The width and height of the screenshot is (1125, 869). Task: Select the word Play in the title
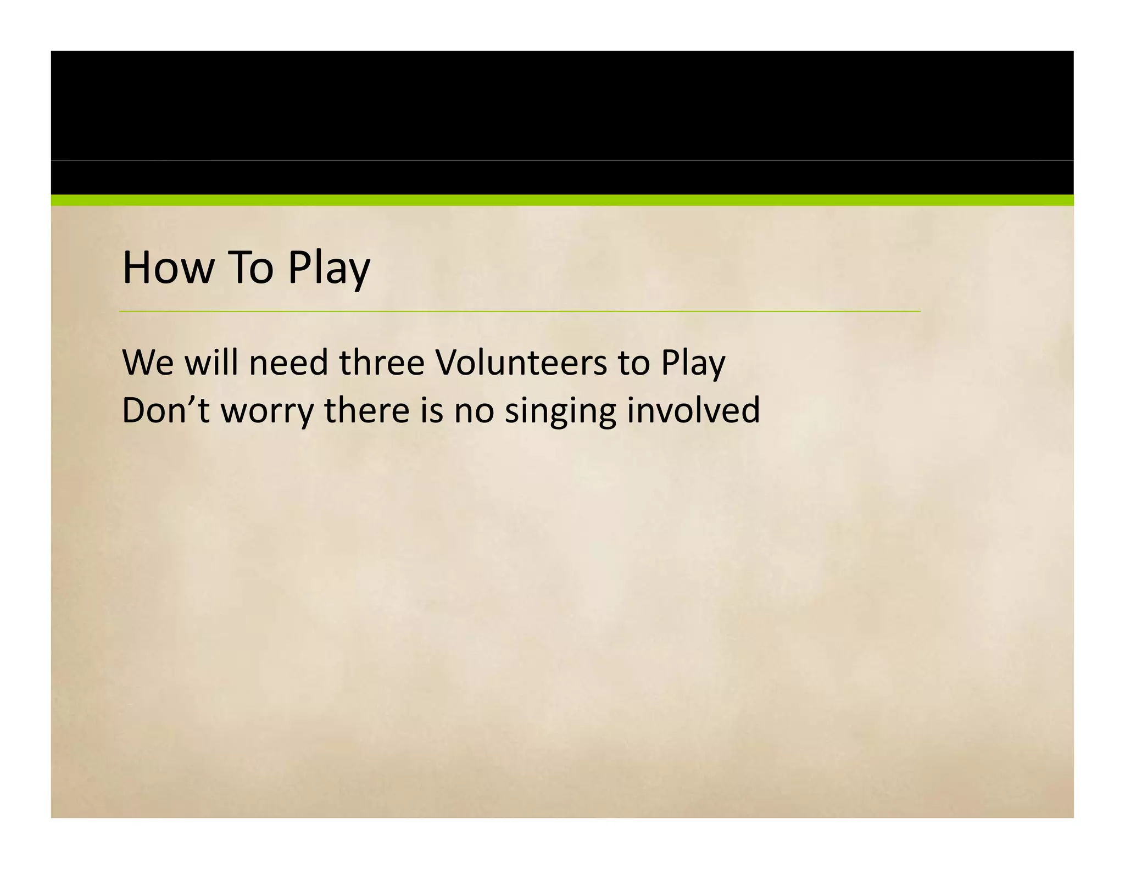[x=328, y=269]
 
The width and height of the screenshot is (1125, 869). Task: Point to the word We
[x=148, y=363]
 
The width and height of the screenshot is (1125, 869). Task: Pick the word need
[x=288, y=363]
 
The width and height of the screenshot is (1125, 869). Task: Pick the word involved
[x=693, y=410]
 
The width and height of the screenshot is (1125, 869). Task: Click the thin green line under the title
[x=520, y=311]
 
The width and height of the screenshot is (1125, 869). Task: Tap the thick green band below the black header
[x=562, y=200]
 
